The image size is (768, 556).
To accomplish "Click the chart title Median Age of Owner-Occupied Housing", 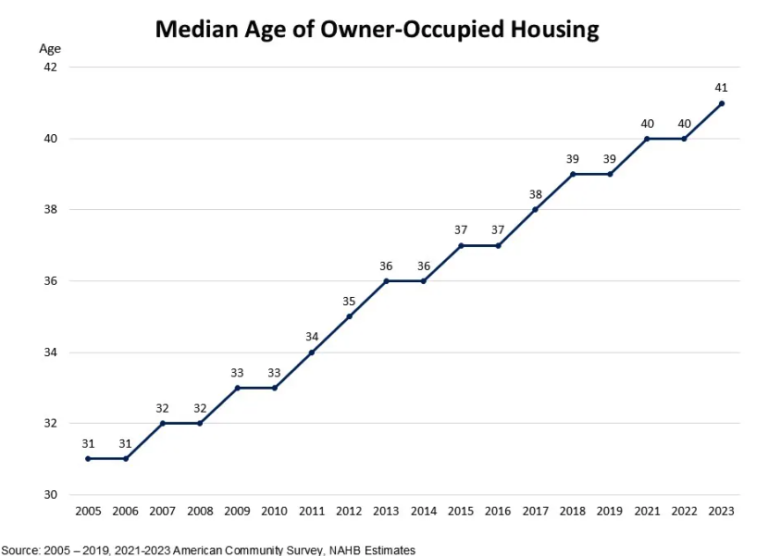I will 377,29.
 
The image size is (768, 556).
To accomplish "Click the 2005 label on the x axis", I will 88,512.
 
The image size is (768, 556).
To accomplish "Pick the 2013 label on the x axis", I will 386,512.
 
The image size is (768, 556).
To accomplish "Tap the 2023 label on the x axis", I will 722,512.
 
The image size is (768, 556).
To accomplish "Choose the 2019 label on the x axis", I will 610,512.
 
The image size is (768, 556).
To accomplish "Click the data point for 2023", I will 722,104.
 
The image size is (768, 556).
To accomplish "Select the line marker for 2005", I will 88,459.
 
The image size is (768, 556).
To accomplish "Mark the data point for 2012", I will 349,316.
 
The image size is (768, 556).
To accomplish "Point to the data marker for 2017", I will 535,209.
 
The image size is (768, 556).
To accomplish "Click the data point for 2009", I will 237,388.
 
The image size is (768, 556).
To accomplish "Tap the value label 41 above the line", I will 722,88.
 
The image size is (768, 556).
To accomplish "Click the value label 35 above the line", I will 349,301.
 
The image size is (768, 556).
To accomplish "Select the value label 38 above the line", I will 535,194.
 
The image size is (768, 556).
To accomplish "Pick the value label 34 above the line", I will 312,337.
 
